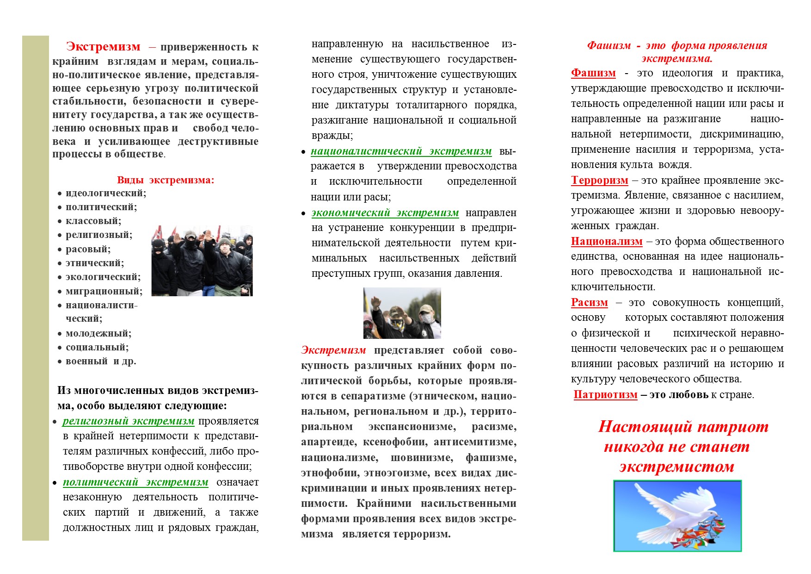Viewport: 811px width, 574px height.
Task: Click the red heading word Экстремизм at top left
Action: pos(103,47)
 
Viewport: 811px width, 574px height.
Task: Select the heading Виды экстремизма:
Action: pos(166,180)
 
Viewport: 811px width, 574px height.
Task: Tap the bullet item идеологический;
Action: pos(105,193)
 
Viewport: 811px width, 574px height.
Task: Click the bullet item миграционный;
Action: pos(104,291)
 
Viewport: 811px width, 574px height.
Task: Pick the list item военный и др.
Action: pos(100,361)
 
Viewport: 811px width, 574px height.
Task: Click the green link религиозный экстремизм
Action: pos(128,421)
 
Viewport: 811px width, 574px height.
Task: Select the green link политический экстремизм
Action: pos(135,482)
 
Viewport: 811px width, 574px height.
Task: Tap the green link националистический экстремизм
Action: pos(401,151)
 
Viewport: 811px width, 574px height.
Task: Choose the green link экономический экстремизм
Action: pos(385,213)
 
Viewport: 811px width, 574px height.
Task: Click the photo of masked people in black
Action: pos(202,261)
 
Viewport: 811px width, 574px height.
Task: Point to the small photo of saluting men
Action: pos(402,313)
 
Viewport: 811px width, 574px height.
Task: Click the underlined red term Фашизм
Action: pos(593,73)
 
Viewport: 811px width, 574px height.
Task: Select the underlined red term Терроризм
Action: pos(599,181)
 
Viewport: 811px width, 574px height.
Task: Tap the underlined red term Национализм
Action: pos(607,242)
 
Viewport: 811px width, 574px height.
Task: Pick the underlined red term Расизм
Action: pos(589,303)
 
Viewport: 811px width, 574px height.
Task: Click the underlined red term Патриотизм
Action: pos(605,395)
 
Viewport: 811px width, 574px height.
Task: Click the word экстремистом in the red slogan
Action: pos(676,467)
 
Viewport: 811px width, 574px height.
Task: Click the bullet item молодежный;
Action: pos(98,333)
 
